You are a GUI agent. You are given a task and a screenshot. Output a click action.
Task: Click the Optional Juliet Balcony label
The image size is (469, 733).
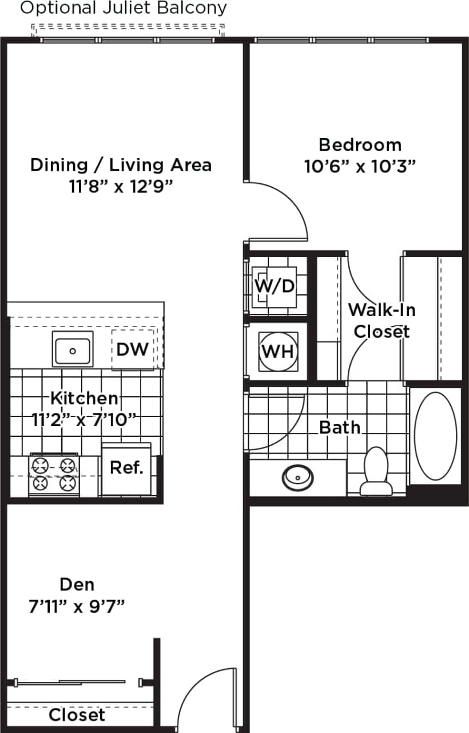[x=124, y=8]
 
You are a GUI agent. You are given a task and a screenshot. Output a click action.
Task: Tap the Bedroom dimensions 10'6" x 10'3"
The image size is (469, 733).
[x=359, y=167]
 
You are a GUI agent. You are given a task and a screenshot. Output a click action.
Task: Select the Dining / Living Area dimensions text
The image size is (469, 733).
[x=121, y=187]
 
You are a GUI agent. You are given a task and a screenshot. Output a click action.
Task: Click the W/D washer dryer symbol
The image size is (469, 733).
[x=275, y=285]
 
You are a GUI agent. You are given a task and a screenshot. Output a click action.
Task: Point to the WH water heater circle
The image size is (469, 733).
[x=279, y=350]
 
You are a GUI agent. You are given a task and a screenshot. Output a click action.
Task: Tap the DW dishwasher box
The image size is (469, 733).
[x=133, y=349]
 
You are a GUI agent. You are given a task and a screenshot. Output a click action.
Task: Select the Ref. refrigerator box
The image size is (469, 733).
[x=126, y=468]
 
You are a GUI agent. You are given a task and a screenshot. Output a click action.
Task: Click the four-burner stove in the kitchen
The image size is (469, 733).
[x=54, y=474]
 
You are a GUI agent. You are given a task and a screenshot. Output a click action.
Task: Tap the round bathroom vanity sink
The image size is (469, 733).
[x=297, y=475]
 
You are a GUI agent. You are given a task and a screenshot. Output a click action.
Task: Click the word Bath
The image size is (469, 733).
[x=340, y=427]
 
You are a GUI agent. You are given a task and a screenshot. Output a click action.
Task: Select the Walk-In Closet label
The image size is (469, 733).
[x=381, y=321]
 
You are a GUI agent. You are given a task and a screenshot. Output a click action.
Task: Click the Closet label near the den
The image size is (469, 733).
[x=77, y=715]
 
